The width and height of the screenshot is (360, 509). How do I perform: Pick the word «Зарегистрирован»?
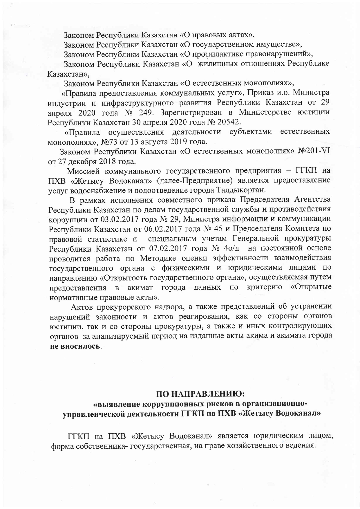[189, 112]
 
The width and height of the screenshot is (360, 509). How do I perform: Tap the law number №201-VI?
[314, 151]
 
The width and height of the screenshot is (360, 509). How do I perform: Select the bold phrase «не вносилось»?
[75, 346]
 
